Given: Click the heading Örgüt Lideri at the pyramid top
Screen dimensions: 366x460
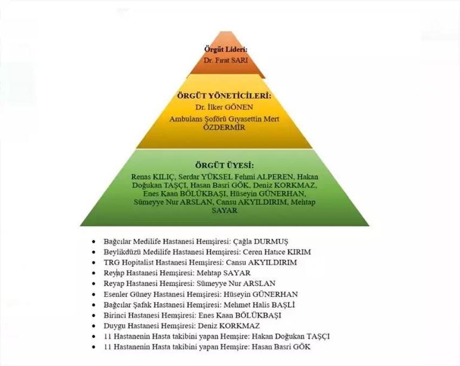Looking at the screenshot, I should pyautogui.click(x=225, y=49).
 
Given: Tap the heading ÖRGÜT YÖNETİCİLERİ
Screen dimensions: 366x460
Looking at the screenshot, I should pyautogui.click(x=224, y=95).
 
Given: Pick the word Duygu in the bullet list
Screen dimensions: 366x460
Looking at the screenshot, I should pyautogui.click(x=115, y=325).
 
